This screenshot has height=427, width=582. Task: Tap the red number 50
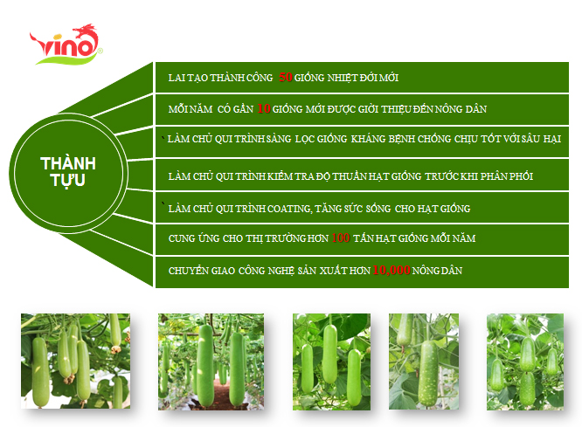(x=286, y=77)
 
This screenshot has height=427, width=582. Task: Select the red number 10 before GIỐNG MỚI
(x=264, y=108)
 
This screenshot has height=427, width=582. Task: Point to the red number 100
(x=341, y=238)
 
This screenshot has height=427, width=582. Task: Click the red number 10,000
(x=391, y=270)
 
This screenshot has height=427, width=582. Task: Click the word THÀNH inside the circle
(x=68, y=163)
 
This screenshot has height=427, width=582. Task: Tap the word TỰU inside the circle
(x=68, y=180)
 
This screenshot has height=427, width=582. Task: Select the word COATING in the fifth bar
(x=289, y=209)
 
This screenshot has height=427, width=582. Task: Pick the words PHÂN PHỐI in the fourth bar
(x=507, y=176)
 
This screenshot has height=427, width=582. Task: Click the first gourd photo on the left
(x=75, y=361)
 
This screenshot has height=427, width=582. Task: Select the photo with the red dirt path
(x=211, y=362)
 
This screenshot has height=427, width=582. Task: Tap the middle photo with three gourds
(x=331, y=362)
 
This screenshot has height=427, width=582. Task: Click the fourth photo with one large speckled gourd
(x=424, y=362)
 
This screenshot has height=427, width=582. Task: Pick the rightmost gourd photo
(x=525, y=362)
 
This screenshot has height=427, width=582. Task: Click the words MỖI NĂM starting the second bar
(x=191, y=109)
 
